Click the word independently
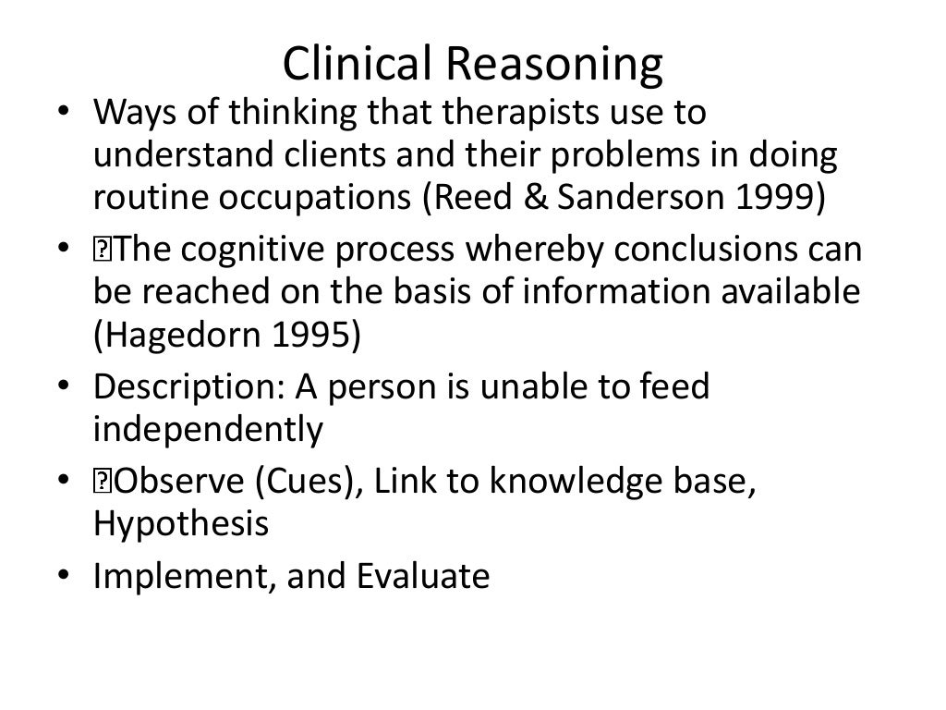tap(209, 429)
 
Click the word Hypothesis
tap(181, 523)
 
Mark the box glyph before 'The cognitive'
tap(101, 250)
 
